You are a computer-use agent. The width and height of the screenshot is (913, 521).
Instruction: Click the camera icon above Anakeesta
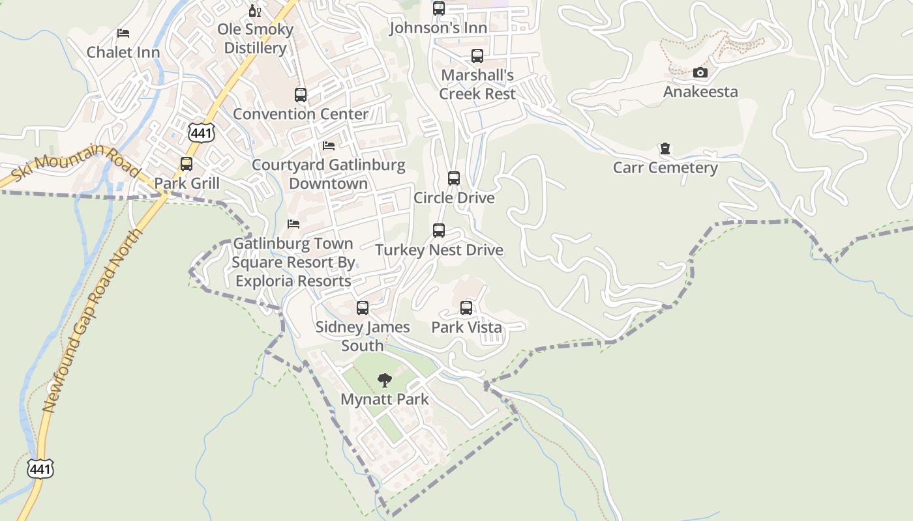(x=700, y=72)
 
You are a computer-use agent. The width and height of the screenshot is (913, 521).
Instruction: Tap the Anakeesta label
(x=700, y=92)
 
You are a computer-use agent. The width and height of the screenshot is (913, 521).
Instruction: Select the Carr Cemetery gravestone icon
(x=665, y=148)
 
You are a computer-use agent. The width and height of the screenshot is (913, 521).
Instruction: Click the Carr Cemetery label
(x=665, y=168)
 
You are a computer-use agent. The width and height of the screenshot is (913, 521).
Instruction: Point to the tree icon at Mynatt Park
(x=385, y=380)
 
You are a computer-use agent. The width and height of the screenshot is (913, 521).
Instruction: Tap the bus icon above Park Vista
(x=466, y=308)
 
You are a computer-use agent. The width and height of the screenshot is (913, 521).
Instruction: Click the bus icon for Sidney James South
(x=363, y=308)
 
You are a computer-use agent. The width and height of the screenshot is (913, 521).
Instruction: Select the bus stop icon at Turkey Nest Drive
(x=439, y=231)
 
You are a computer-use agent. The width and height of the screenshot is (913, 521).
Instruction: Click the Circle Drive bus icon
(x=454, y=178)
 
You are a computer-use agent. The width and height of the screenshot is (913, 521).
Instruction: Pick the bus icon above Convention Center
(x=301, y=95)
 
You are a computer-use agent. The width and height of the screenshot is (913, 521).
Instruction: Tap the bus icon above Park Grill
(x=187, y=164)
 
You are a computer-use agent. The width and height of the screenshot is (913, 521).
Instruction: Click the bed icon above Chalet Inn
(x=123, y=33)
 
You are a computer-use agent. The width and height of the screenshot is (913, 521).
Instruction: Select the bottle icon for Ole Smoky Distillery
(x=255, y=10)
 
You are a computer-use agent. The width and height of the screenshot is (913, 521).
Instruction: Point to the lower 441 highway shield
(x=40, y=468)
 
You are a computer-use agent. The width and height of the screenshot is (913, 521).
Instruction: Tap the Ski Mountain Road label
(x=76, y=162)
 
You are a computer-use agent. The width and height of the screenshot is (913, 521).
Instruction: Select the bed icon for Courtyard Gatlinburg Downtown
(x=329, y=146)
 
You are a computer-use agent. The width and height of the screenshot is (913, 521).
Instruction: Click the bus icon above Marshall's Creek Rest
(x=477, y=56)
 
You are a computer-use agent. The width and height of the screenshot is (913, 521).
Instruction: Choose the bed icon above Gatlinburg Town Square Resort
(x=293, y=224)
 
